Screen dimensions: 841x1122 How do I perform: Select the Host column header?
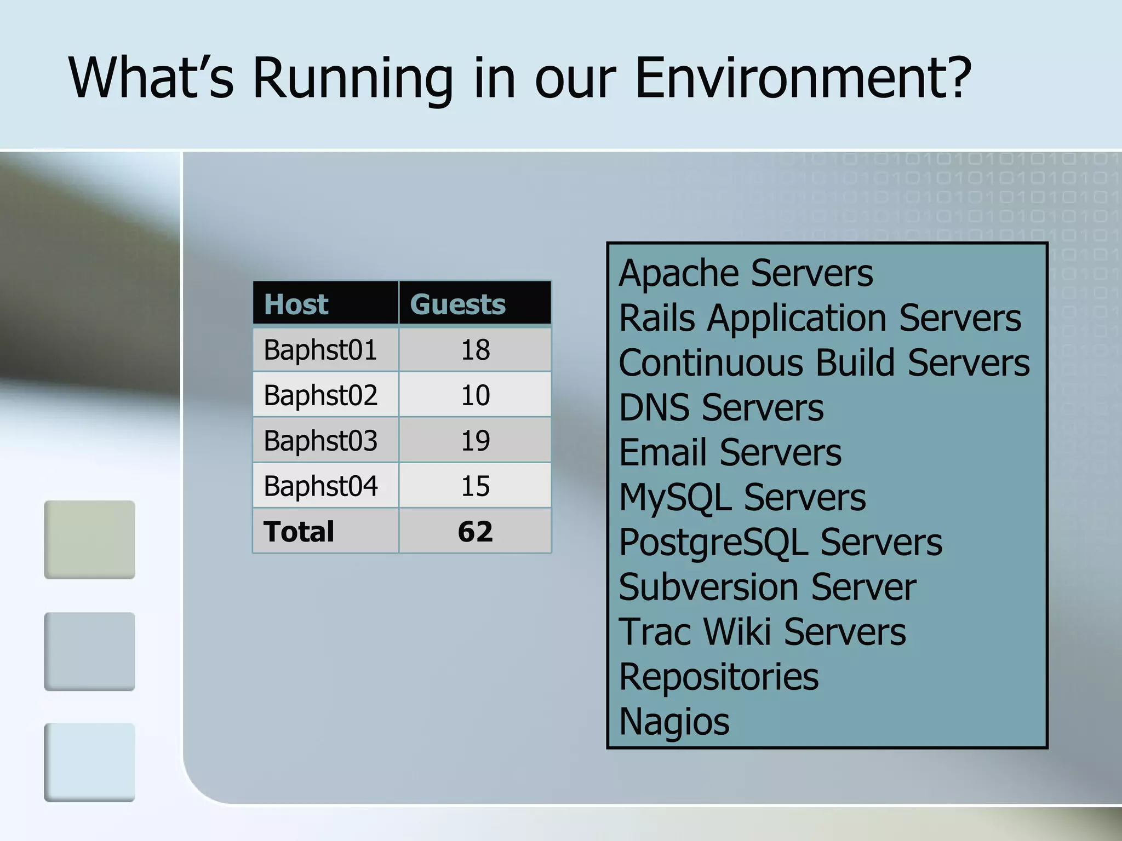coord(296,304)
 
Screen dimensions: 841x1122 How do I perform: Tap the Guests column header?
coord(457,304)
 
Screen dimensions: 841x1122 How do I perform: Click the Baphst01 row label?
coord(320,349)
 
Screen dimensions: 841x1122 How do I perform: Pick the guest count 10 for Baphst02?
coord(475,395)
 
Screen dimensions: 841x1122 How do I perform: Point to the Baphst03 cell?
coord(320,440)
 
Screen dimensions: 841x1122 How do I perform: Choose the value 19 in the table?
coord(475,440)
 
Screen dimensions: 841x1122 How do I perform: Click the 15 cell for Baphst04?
coord(475,486)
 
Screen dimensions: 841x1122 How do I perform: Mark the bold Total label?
coord(299,531)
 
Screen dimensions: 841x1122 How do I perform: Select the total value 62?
coord(475,531)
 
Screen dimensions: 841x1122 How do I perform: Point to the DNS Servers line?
coord(720,407)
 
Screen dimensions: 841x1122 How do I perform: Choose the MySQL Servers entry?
coord(742,497)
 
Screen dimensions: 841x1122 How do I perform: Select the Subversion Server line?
coord(767,587)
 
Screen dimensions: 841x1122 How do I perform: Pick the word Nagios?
coord(674,722)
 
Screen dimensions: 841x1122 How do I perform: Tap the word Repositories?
coord(718,677)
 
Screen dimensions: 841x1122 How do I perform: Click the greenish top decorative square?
coord(89,539)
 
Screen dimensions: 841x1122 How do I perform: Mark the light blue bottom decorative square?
coord(89,762)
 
